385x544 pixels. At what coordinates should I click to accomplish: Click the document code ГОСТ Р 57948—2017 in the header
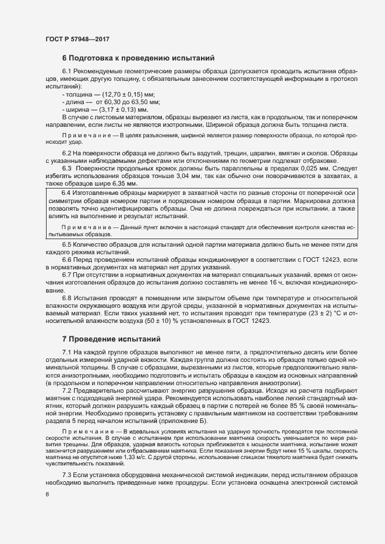77,38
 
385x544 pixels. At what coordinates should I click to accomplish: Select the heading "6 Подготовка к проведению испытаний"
139,58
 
